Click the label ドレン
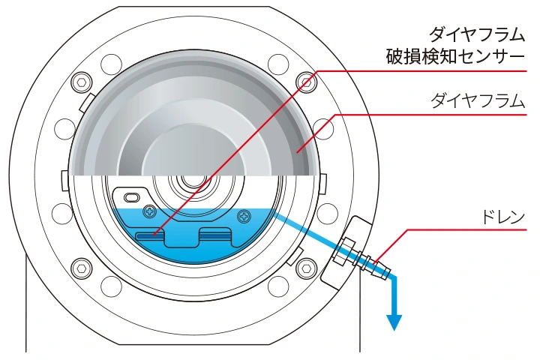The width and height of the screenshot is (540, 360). pos(502,217)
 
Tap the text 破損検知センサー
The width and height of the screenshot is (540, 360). pos(455,56)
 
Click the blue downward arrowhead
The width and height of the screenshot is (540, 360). pos(394,322)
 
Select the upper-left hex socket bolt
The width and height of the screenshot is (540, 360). pos(82,82)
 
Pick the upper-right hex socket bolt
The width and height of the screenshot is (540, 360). pos(306,82)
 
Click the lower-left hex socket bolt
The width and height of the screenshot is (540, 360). pos(82,268)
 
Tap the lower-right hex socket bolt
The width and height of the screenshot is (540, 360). pos(306,268)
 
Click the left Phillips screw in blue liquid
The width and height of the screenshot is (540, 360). pos(151,211)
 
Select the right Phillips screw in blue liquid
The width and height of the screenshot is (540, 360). pos(244,217)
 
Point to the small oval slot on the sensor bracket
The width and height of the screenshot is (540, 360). pos(131,197)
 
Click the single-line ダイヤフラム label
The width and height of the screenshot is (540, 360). pos(478,100)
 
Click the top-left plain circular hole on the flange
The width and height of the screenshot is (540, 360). pos(112,64)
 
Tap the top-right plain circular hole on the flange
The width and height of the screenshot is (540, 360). pos(278,64)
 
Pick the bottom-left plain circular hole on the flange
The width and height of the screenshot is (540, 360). pos(112,285)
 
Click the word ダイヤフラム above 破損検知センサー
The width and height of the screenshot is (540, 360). pos(477,34)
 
